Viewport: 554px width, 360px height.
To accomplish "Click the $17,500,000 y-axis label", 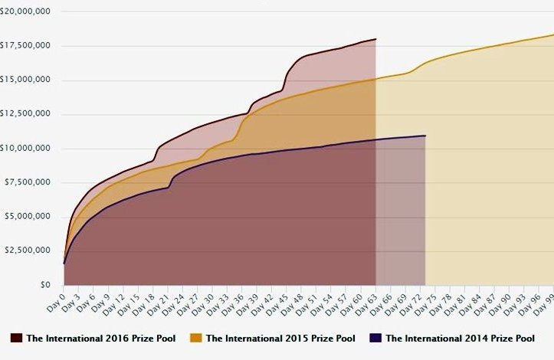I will [28, 46].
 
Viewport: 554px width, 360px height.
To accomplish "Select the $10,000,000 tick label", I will [28, 148].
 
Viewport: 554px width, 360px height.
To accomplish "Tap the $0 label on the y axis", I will [47, 284].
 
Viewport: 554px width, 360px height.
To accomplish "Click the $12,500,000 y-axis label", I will [28, 114].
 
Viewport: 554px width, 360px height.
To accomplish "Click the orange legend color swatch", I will [196, 338].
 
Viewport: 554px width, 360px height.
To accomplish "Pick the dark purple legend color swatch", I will [375, 338].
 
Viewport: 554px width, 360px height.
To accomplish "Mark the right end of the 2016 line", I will [375, 39].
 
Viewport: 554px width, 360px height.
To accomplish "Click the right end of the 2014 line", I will [425, 136].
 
